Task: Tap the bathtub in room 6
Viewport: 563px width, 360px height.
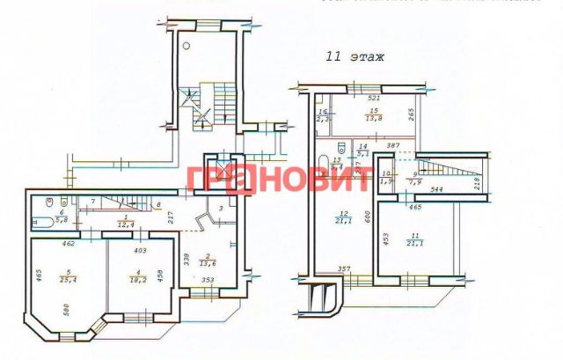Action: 42,216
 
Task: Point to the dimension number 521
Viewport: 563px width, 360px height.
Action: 374,99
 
